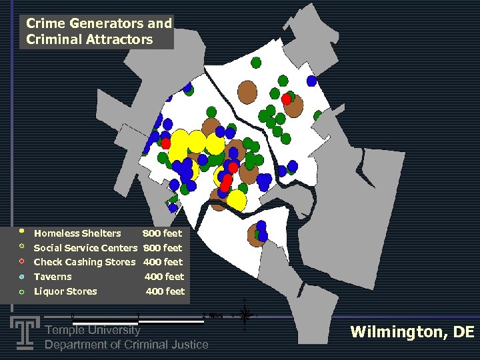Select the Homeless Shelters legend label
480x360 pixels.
click(x=77, y=233)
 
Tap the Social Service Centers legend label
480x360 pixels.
click(x=85, y=248)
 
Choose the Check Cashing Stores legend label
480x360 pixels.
click(x=84, y=262)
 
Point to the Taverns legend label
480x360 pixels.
click(x=53, y=277)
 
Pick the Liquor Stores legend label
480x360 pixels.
click(x=65, y=291)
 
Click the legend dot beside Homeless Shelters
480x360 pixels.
click(x=21, y=232)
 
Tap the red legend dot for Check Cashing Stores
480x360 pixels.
click(x=21, y=261)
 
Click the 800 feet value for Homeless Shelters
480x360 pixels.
click(x=162, y=233)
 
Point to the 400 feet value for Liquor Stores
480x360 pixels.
click(x=165, y=291)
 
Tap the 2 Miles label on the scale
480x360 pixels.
click(x=212, y=315)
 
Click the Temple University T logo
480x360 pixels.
click(x=25, y=332)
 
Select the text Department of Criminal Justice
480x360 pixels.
click(x=126, y=345)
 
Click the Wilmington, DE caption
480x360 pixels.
click(x=412, y=332)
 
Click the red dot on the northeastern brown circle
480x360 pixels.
click(x=286, y=99)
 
